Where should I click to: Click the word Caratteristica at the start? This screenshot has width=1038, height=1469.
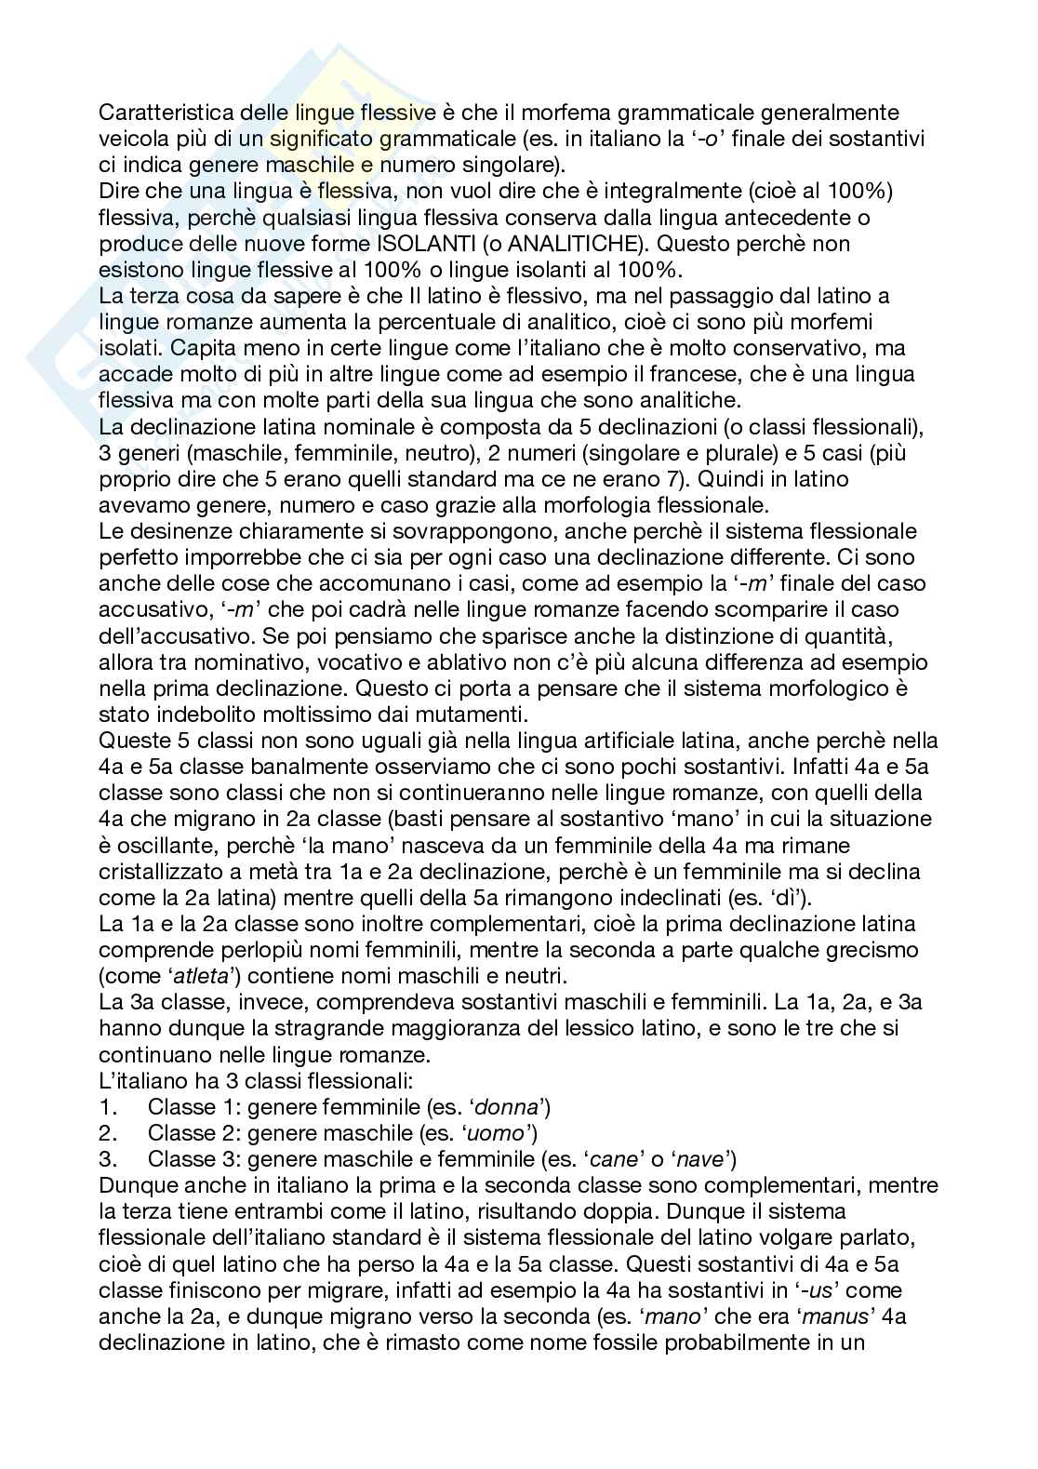pyautogui.click(x=151, y=114)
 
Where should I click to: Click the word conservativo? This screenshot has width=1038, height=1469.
pyautogui.click(x=805, y=348)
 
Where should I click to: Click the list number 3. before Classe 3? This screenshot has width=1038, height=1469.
pyautogui.click(x=107, y=1159)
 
